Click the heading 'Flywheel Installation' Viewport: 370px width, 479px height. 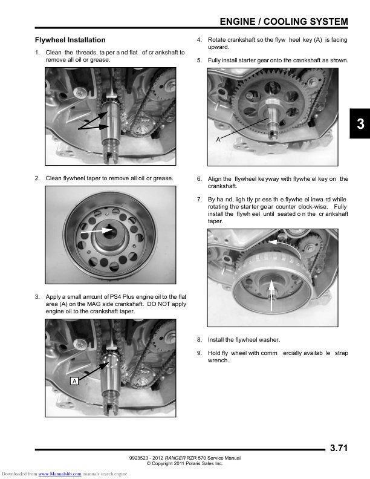pos(70,40)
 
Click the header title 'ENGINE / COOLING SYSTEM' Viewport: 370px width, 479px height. pos(284,22)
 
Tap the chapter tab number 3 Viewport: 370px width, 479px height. pos(360,125)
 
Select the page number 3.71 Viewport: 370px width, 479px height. pos(339,448)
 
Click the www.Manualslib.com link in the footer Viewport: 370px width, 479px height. pos(59,474)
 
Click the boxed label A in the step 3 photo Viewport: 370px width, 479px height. pos(74,382)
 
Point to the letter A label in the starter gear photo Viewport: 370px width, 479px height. pos(218,140)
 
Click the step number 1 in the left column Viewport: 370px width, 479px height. pos(37,53)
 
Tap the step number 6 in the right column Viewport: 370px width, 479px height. pos(200,179)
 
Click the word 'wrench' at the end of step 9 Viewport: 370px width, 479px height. pos(218,360)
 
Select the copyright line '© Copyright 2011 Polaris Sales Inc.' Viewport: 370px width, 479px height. pos(185,463)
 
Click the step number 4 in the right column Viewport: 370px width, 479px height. pos(200,40)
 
